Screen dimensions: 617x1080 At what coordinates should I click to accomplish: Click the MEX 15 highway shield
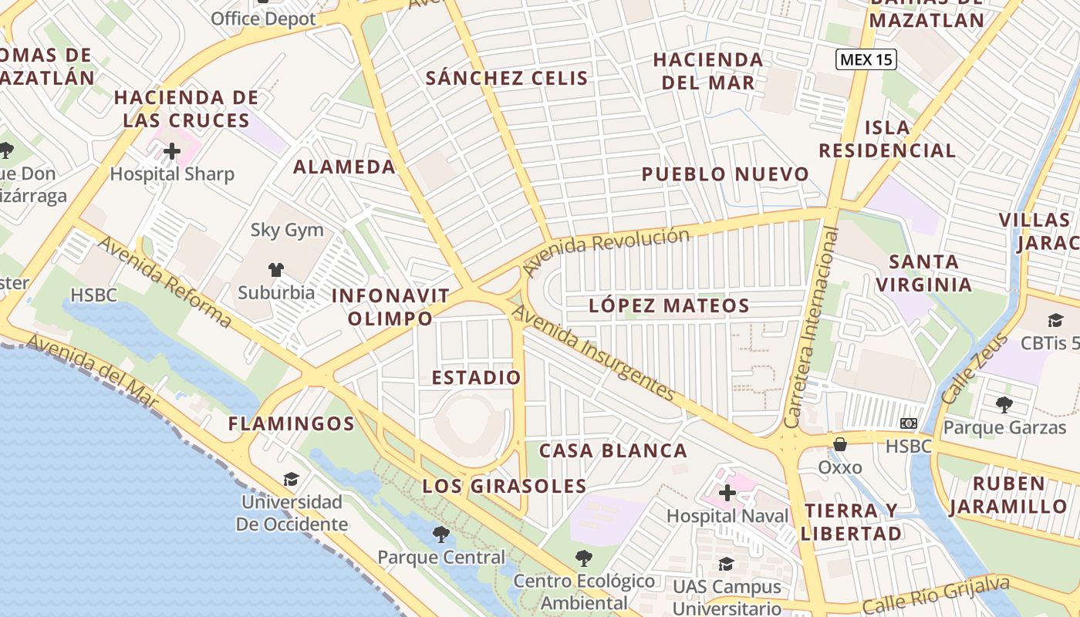866,59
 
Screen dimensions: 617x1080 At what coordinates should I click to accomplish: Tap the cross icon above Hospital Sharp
172,151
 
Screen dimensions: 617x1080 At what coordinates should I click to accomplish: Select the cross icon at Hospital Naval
727,493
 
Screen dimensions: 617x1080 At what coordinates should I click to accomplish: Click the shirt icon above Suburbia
276,270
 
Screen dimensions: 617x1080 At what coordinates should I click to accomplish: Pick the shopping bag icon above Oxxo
840,444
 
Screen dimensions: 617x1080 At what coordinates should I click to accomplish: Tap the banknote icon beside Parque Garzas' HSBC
909,423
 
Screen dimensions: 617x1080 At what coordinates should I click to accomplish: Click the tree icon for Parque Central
440,534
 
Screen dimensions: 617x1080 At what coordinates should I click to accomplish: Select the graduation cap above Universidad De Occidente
291,480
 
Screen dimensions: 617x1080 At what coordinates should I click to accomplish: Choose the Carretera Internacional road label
811,328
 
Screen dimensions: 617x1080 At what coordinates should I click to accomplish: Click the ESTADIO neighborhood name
476,378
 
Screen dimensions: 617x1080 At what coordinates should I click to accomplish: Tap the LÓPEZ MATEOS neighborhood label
669,305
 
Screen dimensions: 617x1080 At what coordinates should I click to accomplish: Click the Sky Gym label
287,230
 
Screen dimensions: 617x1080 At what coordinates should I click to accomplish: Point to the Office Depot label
263,19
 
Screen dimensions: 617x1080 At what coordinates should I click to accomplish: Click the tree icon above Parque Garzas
1004,404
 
